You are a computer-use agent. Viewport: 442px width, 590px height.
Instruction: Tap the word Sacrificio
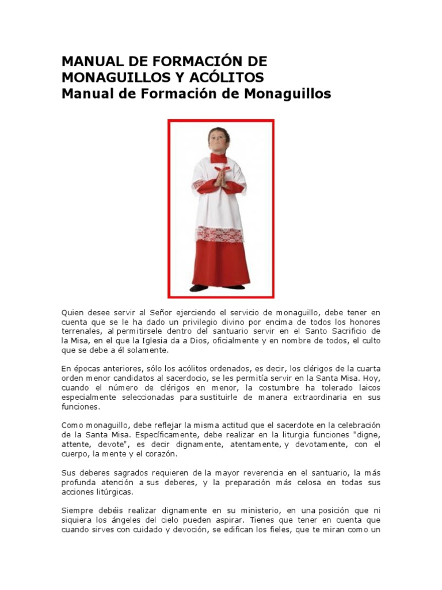(343, 331)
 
